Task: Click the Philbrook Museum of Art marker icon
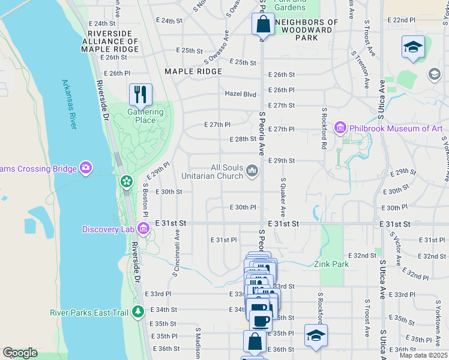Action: tap(340, 128)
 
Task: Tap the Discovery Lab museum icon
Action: tap(143, 228)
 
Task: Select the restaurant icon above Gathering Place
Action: tap(140, 94)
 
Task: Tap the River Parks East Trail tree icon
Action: tap(139, 311)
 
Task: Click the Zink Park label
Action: tap(330, 264)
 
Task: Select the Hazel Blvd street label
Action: tap(240, 94)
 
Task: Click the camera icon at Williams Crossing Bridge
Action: tap(86, 168)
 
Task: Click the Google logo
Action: tap(20, 353)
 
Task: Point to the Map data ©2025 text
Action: tap(423, 355)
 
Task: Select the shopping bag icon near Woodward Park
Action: tap(263, 25)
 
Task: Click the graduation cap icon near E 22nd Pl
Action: tap(413, 47)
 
